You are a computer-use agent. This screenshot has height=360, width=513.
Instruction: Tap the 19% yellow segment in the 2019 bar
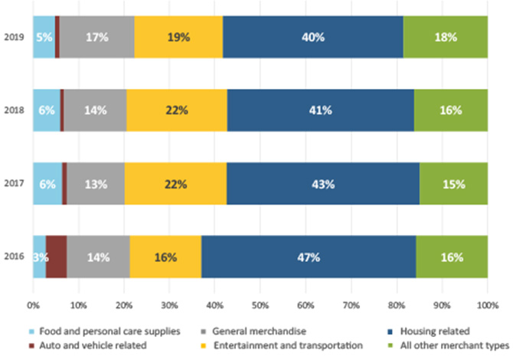coord(178,37)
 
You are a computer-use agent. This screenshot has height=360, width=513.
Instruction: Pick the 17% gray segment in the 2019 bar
coord(97,37)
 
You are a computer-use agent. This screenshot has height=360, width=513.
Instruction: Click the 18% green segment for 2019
coord(446,37)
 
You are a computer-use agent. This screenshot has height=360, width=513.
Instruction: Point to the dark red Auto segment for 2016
coord(56,257)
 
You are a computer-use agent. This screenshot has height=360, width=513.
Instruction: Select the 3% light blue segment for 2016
coord(39,257)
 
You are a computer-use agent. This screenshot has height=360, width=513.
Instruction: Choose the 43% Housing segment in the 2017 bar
coord(322,184)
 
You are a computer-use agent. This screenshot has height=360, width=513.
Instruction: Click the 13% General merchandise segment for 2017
coord(96,184)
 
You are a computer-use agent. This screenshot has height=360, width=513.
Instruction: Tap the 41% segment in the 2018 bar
coord(320,110)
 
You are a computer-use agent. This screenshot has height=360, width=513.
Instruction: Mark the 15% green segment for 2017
coord(453,184)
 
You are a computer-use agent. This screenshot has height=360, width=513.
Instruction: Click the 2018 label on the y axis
coord(13,110)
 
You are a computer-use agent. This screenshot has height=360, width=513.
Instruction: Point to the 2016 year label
coord(13,257)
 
